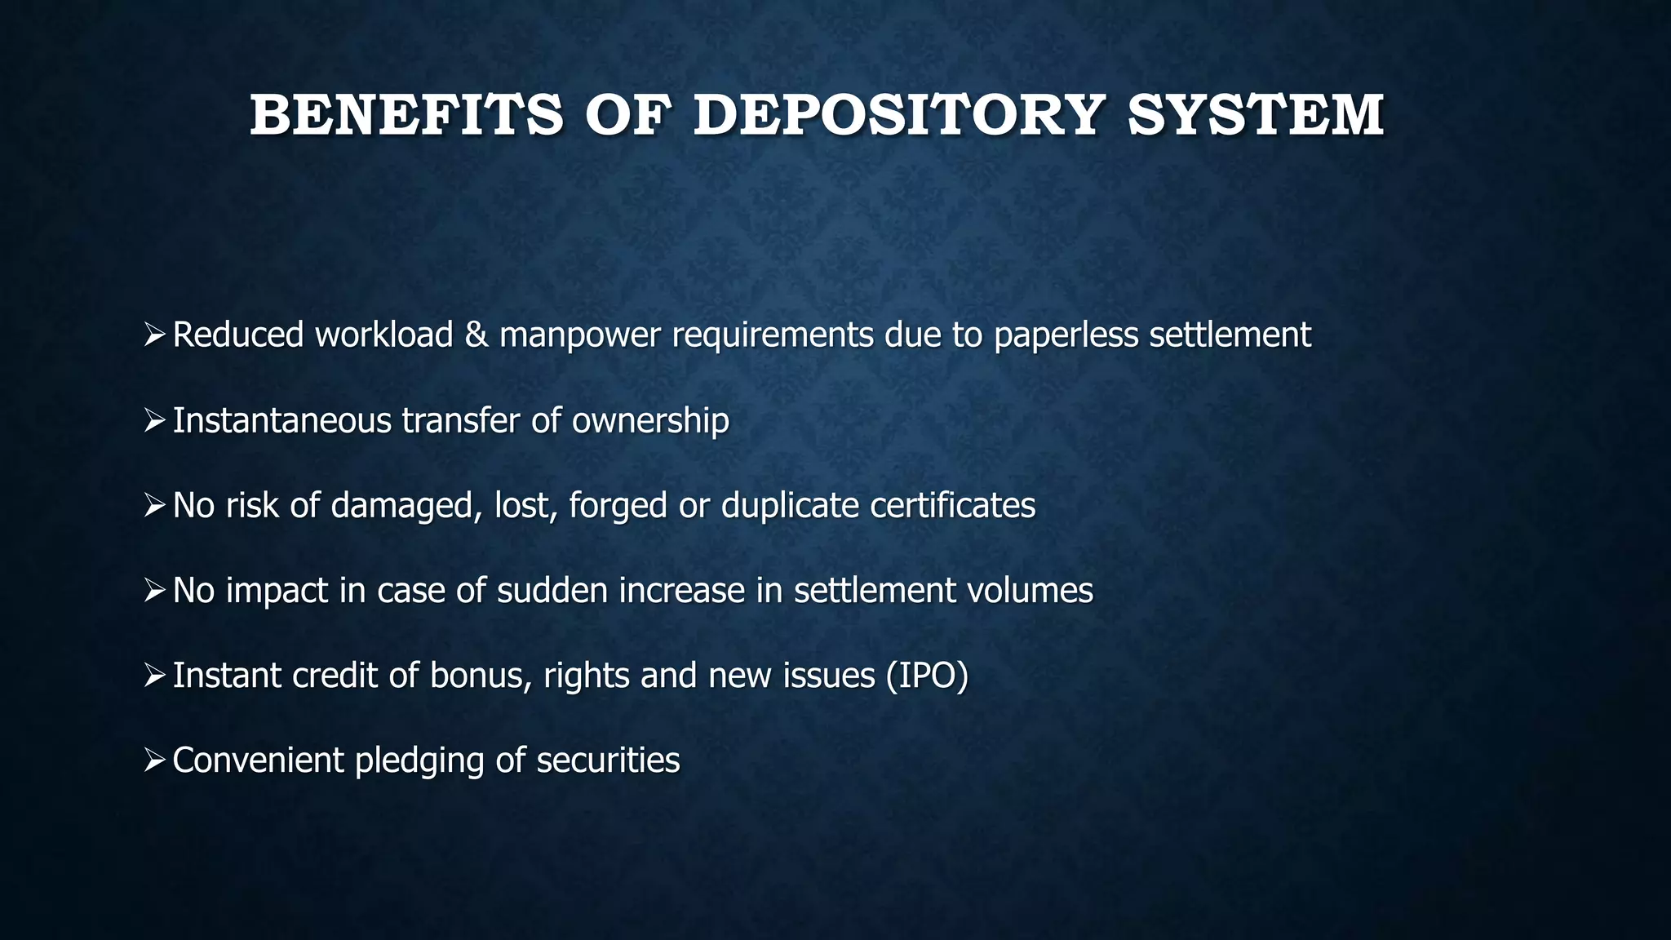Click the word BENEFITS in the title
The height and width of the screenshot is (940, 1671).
[x=406, y=115]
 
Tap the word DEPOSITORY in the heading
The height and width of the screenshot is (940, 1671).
[x=898, y=115]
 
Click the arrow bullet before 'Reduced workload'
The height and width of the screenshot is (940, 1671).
[x=154, y=335]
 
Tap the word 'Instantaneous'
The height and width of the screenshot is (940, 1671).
[x=281, y=421]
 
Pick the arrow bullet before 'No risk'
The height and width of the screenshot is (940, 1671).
[x=154, y=506]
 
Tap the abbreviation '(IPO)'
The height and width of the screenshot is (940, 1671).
[x=927, y=676]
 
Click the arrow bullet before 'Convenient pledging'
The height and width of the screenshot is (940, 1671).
[x=154, y=760]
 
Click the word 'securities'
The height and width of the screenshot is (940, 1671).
[x=608, y=760]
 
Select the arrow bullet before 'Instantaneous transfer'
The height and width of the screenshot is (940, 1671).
[x=154, y=421]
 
